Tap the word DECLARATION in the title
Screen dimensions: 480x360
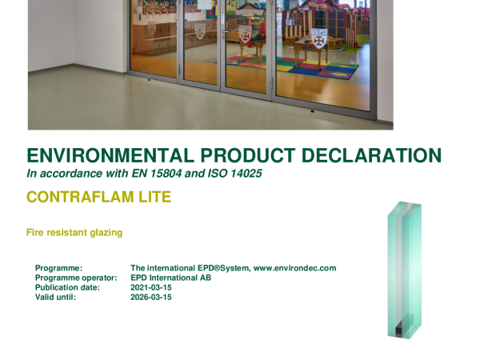(371, 155)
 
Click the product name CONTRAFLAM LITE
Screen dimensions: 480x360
(99, 197)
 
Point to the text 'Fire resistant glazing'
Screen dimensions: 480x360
(74, 233)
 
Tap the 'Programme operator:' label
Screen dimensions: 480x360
(76, 278)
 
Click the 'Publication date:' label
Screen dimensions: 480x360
(68, 288)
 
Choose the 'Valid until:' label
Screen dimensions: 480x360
(55, 298)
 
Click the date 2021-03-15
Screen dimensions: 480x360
(151, 288)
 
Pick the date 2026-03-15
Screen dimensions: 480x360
(151, 298)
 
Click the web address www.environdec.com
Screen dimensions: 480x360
(294, 268)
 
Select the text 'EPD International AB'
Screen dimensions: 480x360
(171, 278)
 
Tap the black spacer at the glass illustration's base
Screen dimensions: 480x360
(399, 330)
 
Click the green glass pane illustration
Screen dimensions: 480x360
(405, 270)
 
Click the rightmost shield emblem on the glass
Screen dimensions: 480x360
(318, 38)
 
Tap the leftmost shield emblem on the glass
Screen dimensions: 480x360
(152, 28)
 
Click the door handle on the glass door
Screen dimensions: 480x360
(225, 30)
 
